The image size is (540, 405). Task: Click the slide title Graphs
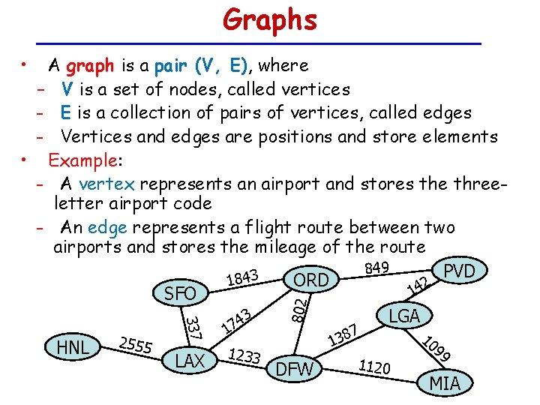click(269, 20)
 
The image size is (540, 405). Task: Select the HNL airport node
click(73, 346)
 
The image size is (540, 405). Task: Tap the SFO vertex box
click(180, 294)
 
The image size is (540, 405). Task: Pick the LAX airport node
click(190, 361)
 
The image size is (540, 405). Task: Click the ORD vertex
click(310, 280)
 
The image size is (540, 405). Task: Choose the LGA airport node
click(404, 316)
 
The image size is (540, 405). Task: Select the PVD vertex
click(460, 271)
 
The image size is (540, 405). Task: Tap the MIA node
click(445, 384)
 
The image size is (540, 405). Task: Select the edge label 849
click(376, 268)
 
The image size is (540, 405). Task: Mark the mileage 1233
click(244, 357)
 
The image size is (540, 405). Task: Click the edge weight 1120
click(374, 367)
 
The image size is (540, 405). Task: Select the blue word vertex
click(106, 184)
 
